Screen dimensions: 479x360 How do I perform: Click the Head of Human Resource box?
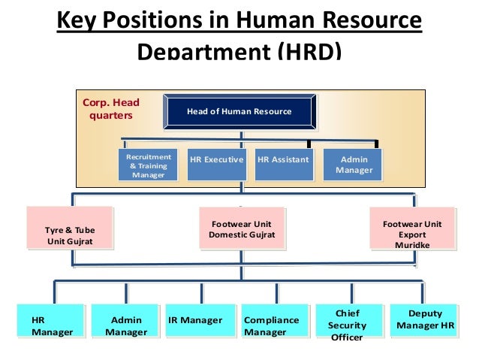point(239,112)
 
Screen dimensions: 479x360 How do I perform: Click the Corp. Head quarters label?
point(111,109)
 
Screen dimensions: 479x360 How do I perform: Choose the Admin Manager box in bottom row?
point(125,325)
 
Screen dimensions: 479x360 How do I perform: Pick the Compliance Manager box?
point(274,325)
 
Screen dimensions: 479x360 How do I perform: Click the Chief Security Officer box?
point(347,325)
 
